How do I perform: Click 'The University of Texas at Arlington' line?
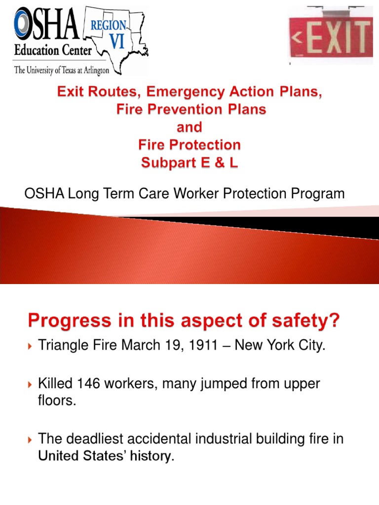tap(62, 71)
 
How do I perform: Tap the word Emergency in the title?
tap(209, 92)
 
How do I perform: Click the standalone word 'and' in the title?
tap(189, 127)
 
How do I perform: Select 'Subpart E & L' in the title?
tap(189, 163)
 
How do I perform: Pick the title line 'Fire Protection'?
tap(189, 145)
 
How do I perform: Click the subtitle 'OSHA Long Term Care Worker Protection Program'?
tap(185, 194)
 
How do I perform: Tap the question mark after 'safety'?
tap(334, 321)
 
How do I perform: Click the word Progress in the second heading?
tap(69, 322)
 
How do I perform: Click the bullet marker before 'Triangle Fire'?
tap(30, 346)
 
